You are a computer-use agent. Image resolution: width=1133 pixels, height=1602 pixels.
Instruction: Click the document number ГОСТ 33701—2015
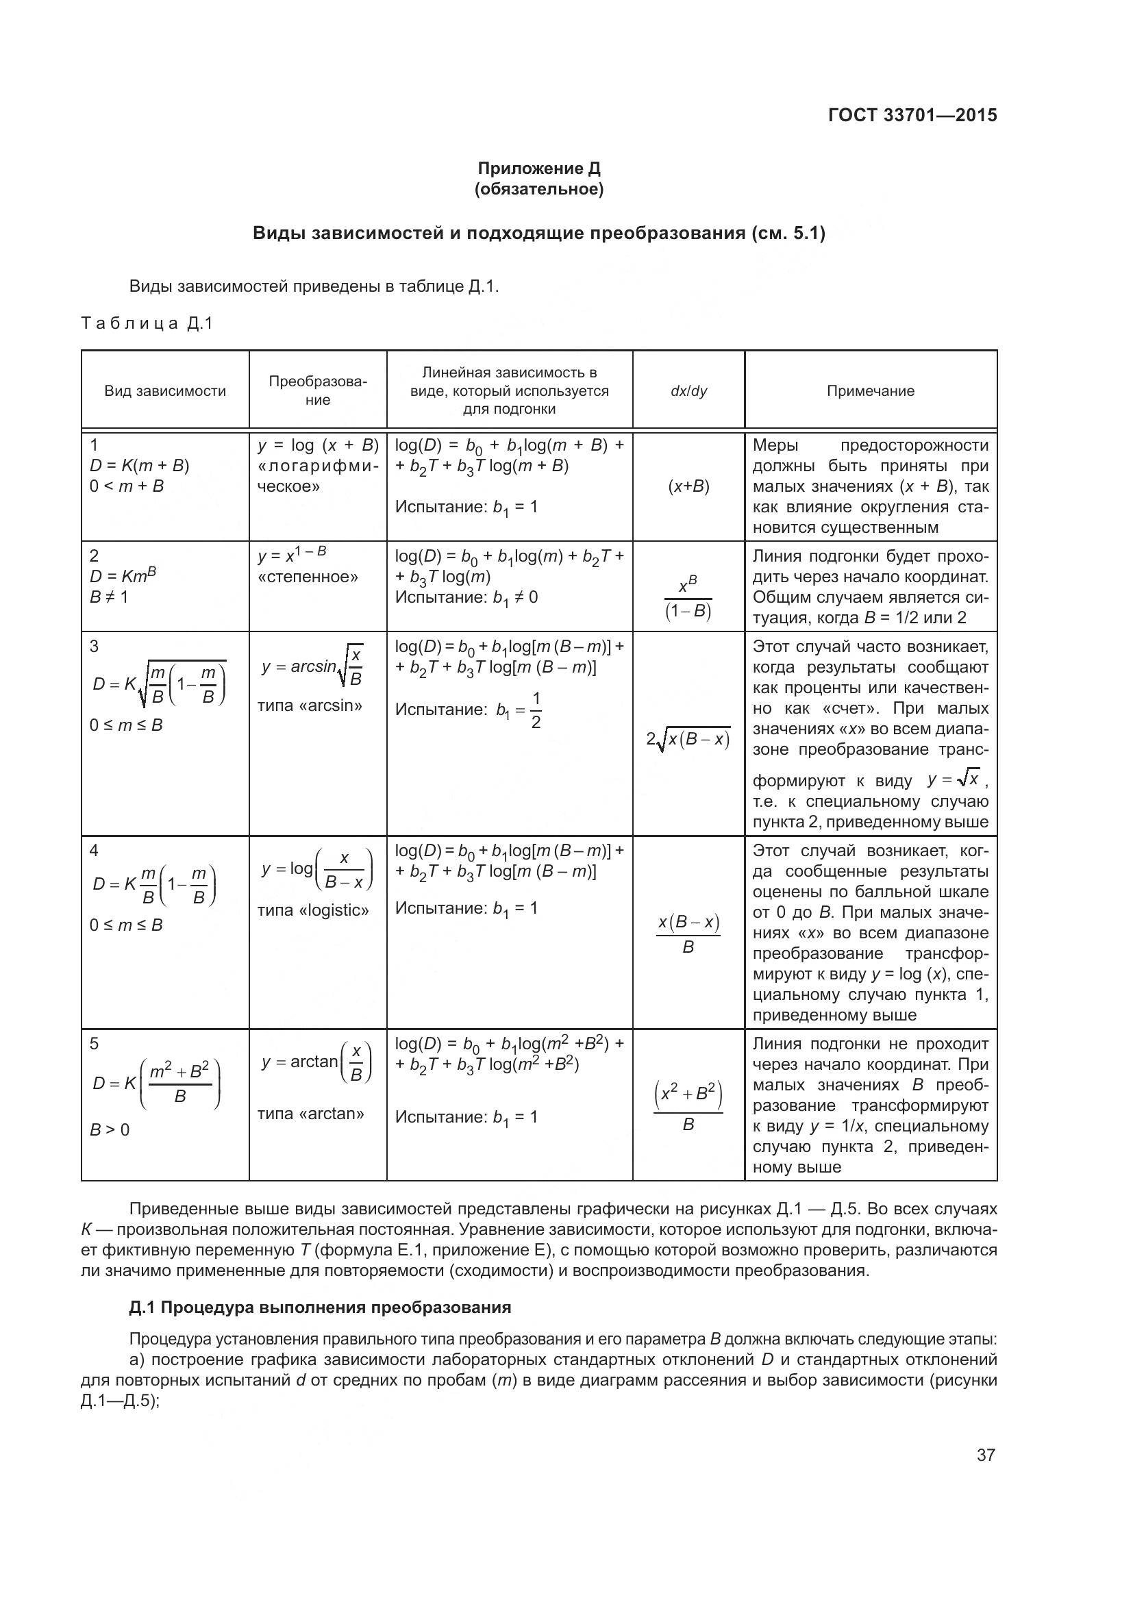tap(912, 115)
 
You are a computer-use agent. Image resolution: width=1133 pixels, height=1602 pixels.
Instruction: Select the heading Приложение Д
tap(538, 168)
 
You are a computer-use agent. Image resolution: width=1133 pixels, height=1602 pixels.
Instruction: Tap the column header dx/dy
tap(688, 390)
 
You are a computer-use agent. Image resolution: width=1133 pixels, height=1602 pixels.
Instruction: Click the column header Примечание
tap(870, 390)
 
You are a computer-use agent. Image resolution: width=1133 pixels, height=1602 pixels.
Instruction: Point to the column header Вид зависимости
tap(165, 390)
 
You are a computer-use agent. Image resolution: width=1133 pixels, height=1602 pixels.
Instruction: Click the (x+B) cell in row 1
tap(688, 486)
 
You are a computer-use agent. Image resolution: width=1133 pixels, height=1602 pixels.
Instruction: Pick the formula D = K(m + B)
tap(140, 465)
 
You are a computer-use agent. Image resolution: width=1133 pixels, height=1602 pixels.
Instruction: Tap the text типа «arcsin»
tap(310, 705)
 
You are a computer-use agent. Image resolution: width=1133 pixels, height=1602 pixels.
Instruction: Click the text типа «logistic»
tap(312, 910)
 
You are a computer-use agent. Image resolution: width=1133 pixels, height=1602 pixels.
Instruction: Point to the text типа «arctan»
tap(310, 1114)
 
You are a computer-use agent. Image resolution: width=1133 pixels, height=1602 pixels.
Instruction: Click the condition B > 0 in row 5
tap(110, 1129)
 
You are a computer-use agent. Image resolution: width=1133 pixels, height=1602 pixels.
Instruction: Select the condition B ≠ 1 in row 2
tap(109, 597)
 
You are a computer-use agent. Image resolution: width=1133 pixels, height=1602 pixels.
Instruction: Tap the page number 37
tap(985, 1455)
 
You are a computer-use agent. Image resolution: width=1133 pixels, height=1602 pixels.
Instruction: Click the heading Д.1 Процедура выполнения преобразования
tap(319, 1307)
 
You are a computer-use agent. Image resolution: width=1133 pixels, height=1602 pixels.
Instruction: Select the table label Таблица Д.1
tap(147, 324)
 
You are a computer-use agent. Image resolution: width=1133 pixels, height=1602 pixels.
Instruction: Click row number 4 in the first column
tap(94, 850)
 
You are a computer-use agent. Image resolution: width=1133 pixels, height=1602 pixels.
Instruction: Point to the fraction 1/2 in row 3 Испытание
tap(535, 710)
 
